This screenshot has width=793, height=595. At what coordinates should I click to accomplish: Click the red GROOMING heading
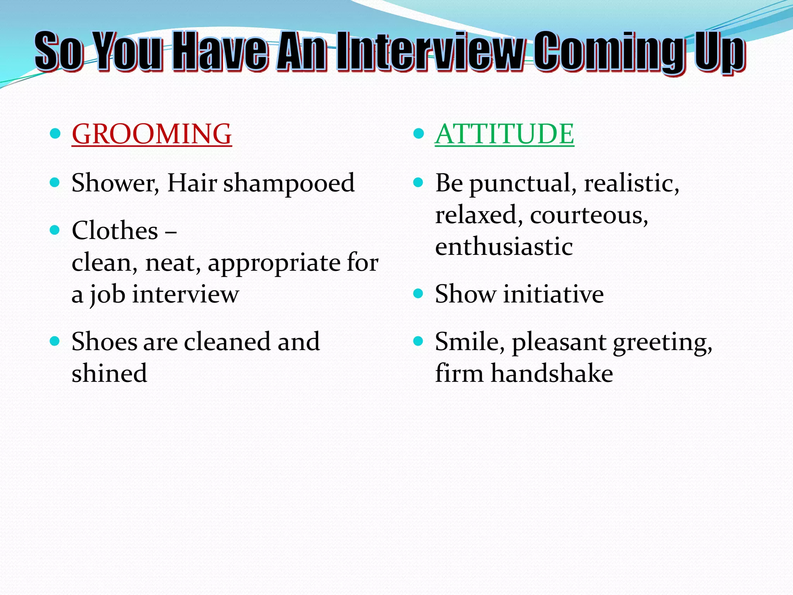tap(151, 134)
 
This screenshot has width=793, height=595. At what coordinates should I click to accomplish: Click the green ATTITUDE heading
tap(504, 134)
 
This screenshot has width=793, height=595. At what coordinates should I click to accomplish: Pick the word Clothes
tap(115, 231)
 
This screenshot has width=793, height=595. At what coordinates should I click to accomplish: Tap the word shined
tap(109, 373)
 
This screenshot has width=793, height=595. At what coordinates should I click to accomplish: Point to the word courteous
tap(588, 215)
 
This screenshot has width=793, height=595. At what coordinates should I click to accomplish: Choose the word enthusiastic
tap(504, 247)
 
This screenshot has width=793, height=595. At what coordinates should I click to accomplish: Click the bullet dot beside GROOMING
tap(55, 134)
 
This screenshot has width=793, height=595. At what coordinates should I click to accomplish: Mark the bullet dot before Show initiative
tap(418, 293)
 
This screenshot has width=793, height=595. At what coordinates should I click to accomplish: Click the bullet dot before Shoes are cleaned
tap(55, 341)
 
